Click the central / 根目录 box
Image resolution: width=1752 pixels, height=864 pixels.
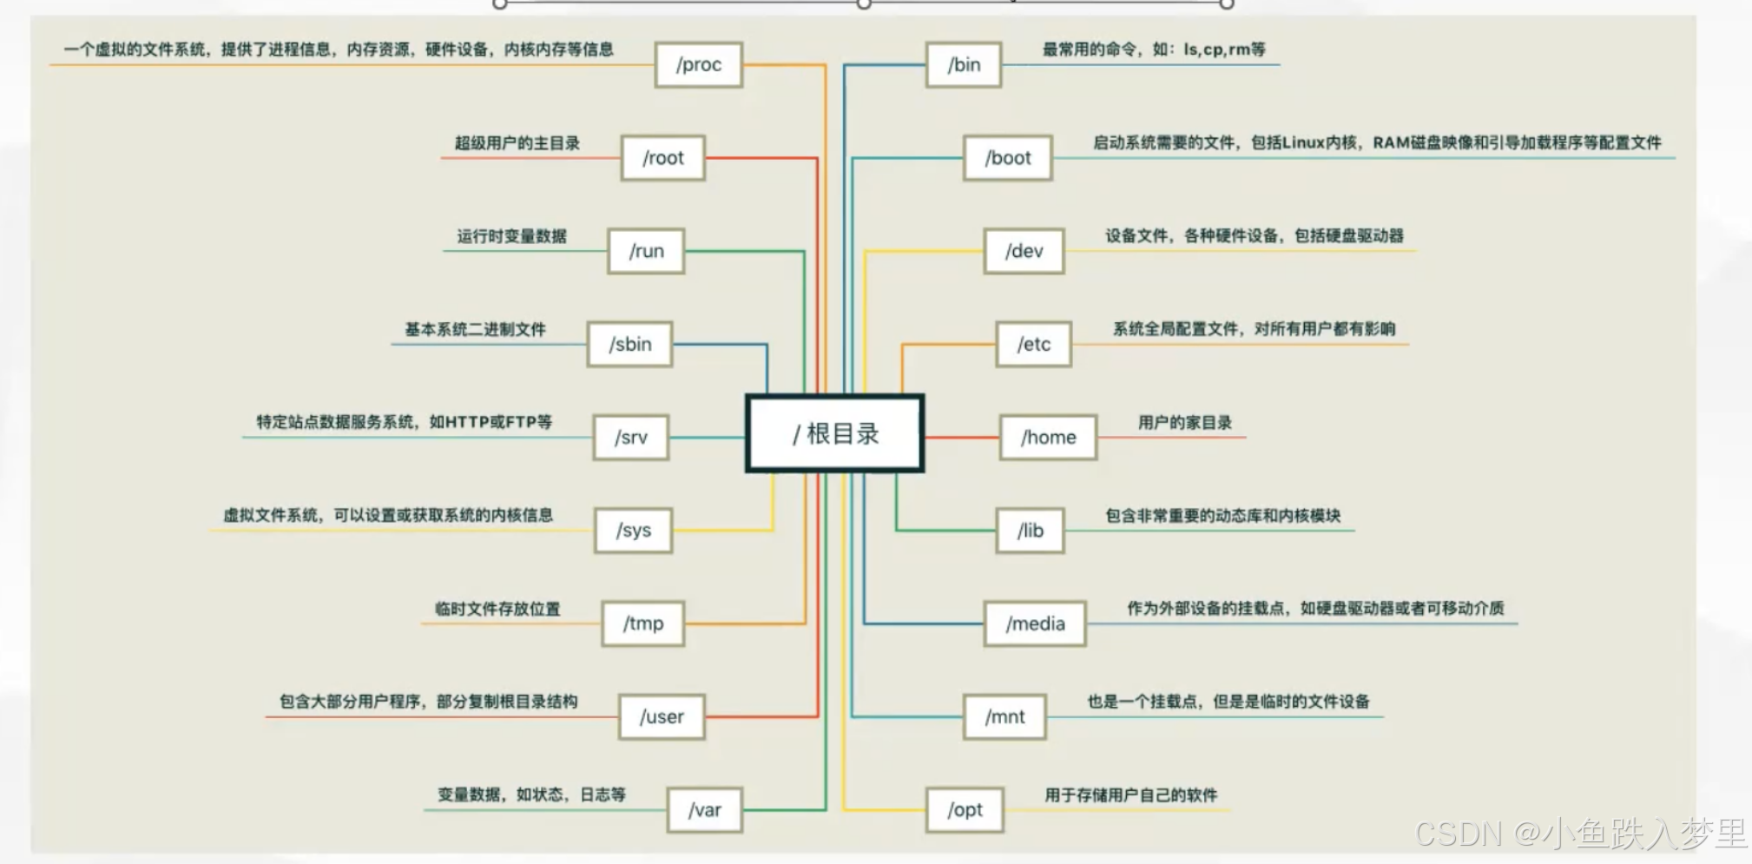click(x=834, y=433)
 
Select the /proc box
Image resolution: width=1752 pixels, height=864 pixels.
click(x=699, y=65)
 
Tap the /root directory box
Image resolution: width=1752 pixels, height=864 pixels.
click(x=663, y=158)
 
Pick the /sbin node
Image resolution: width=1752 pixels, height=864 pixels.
click(x=630, y=345)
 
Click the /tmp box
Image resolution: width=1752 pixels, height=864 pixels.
click(x=643, y=623)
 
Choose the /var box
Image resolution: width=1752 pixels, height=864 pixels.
click(x=705, y=810)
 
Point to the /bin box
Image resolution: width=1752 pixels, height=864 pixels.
click(x=964, y=65)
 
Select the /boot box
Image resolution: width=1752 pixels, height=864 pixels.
click(x=1008, y=158)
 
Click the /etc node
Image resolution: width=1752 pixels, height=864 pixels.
click(x=1034, y=345)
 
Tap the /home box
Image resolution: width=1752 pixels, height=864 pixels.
click(x=1048, y=438)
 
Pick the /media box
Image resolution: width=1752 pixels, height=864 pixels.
click(x=1035, y=623)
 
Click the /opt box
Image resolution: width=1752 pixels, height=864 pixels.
click(x=965, y=810)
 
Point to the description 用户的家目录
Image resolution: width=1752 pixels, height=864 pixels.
click(x=1185, y=423)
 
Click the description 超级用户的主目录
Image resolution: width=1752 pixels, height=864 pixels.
click(x=517, y=143)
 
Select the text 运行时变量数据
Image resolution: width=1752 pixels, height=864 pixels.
click(x=512, y=236)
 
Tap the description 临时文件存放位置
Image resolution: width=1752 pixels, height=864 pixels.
click(x=497, y=609)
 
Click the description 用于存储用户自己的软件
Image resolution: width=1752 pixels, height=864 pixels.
click(x=1130, y=795)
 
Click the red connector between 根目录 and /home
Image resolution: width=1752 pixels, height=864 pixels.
click(x=962, y=438)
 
